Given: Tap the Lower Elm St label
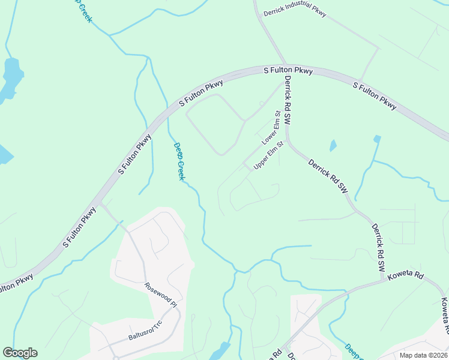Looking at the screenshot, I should pos(271,128).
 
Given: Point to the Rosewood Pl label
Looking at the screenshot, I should pos(161,295).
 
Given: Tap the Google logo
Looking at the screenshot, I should pos(20,353).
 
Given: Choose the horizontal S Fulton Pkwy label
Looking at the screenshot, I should pos(289,71).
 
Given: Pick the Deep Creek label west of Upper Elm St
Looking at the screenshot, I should pos(179,161).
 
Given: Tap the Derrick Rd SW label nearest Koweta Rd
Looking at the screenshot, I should pos(378,248).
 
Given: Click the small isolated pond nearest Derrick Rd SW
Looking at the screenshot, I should pos(333,145).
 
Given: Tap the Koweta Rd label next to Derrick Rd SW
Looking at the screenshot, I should pos(406,277).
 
